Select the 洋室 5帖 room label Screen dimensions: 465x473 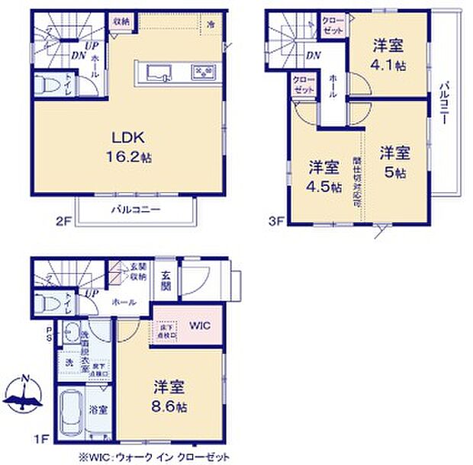pyautogui.click(x=395, y=162)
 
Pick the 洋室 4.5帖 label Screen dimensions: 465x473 pyautogui.click(x=323, y=177)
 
